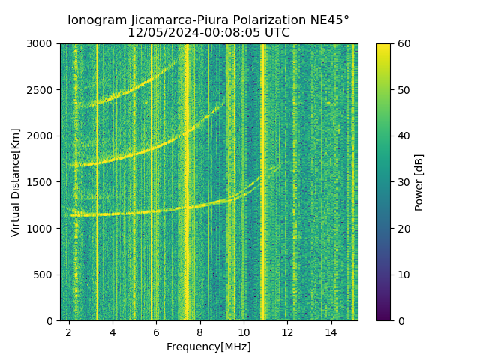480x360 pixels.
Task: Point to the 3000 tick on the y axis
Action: click(x=42, y=44)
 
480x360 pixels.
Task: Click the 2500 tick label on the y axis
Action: click(x=42, y=90)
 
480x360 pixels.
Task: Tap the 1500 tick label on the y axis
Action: click(x=42, y=182)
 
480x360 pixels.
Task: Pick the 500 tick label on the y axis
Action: click(x=45, y=274)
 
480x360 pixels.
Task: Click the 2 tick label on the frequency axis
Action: click(x=69, y=331)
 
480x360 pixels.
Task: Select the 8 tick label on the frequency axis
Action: click(x=200, y=331)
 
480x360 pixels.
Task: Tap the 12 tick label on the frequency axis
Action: click(x=287, y=331)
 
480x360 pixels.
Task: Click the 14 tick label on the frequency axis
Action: click(x=331, y=331)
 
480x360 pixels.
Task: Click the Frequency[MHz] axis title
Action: click(x=208, y=346)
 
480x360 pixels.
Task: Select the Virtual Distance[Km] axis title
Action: click(x=16, y=182)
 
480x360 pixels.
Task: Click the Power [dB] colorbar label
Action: click(x=419, y=182)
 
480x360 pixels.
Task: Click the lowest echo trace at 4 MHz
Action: click(x=112, y=214)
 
